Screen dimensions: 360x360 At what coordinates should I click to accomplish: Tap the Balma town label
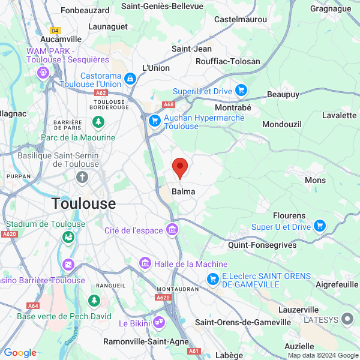[x=183, y=191]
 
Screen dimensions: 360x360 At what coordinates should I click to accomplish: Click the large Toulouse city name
[x=83, y=203]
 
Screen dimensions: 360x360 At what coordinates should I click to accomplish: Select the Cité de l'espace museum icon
[x=173, y=230]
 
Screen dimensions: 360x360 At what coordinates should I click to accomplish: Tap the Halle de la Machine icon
[x=145, y=263]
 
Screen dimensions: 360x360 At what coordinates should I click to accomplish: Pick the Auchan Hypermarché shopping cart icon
[x=154, y=121]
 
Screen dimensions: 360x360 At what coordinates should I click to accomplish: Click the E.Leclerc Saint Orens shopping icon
[x=212, y=279]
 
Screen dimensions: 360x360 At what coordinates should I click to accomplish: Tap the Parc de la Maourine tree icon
[x=97, y=122]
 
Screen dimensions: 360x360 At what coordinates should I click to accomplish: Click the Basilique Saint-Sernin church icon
[x=83, y=177]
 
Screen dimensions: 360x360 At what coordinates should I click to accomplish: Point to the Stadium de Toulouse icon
[x=68, y=237]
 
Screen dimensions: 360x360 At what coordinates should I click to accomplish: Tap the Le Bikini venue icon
[x=158, y=323]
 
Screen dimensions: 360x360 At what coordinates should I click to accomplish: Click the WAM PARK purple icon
[x=43, y=73]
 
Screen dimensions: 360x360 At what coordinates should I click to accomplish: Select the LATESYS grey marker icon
[x=347, y=319]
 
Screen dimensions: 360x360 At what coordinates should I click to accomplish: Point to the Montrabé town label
[x=232, y=107]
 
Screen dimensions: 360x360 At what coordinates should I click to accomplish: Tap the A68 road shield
[x=168, y=104]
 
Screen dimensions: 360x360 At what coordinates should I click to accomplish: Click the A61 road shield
[x=193, y=352]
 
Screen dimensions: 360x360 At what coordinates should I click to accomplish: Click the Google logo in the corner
[x=20, y=353]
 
